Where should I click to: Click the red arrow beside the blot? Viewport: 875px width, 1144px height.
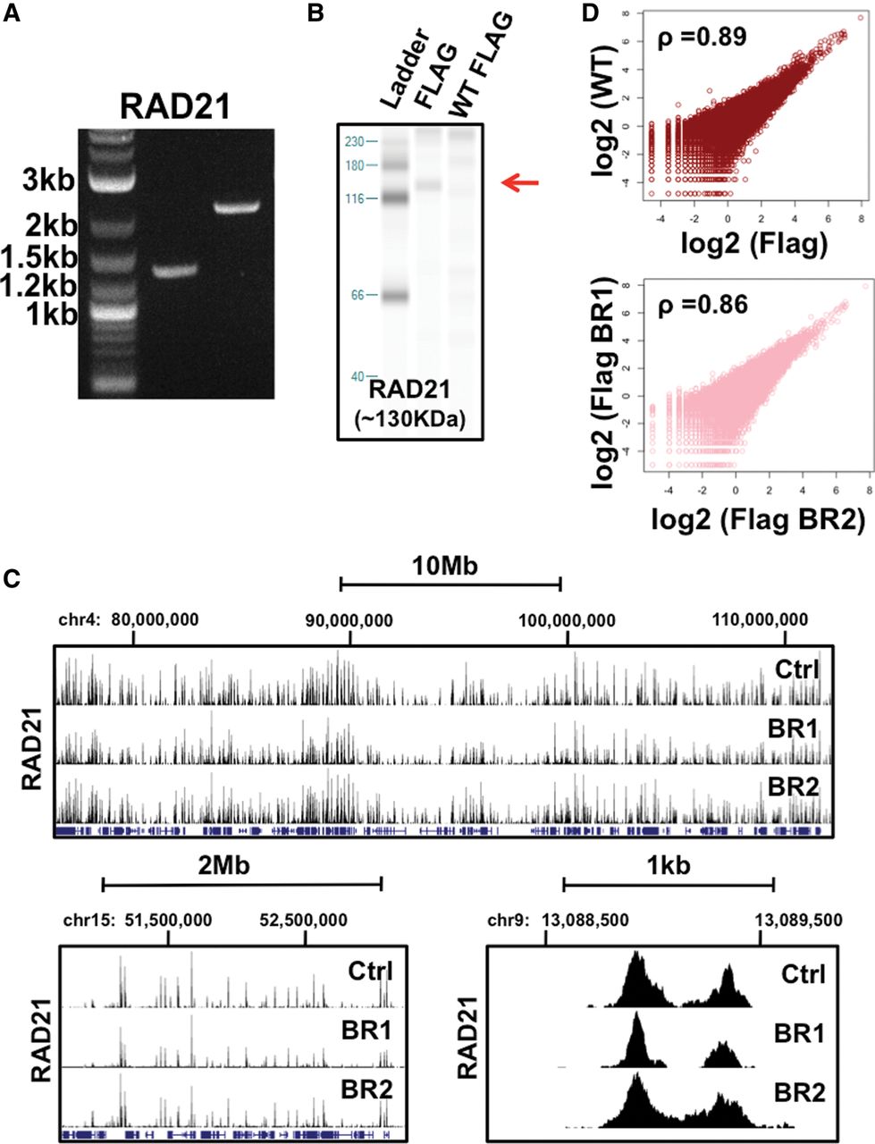[521, 183]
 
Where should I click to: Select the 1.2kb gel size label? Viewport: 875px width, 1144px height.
[38, 286]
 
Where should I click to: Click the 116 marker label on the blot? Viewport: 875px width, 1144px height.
[354, 198]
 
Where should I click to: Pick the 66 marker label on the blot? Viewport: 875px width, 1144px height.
[357, 295]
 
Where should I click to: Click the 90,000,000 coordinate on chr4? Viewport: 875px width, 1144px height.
[349, 619]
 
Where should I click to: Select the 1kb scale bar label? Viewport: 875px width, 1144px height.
[669, 865]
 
